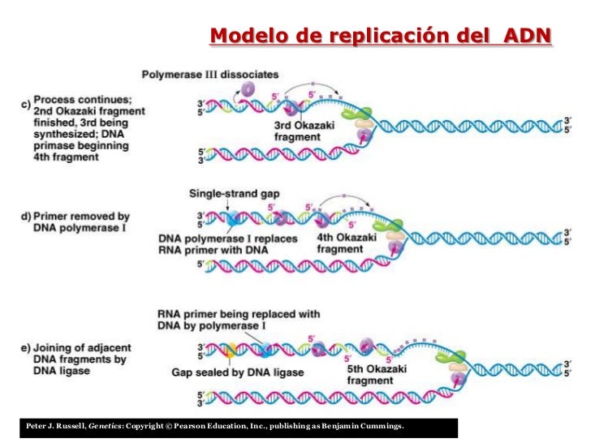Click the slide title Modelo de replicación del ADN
coord(380,37)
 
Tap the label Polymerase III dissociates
coord(210,75)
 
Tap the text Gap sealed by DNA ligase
coord(238,372)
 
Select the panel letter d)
coord(25,217)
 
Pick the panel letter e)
coord(25,348)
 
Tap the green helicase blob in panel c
coord(362,114)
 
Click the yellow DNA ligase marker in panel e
coord(231,351)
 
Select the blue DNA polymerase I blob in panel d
coord(232,218)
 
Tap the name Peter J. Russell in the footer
coord(55,427)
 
